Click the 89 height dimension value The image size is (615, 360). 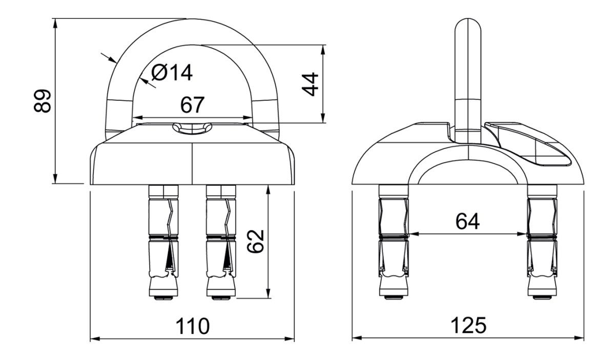click(42, 101)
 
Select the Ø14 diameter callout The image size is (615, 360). click(172, 73)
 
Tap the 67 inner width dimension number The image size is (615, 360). click(192, 104)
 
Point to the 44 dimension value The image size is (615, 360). click(310, 84)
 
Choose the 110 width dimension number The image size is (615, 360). click(192, 326)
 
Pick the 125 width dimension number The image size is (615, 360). click(468, 325)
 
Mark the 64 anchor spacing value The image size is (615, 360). click(467, 221)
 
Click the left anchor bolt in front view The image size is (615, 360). click(163, 242)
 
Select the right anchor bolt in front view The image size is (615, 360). click(221, 242)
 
